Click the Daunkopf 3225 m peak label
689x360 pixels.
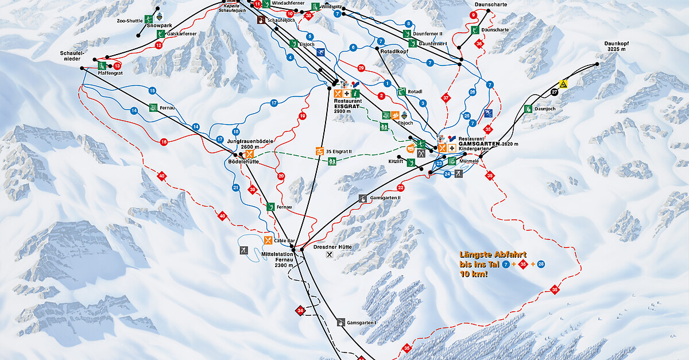pos(617,47)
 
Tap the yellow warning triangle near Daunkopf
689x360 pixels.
pos(564,84)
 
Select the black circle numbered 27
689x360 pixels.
pos(554,92)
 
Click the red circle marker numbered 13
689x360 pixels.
pos(118,66)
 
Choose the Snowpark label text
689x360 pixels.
pos(159,26)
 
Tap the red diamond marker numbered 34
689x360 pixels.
pos(300,310)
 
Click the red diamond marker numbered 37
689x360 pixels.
pos(445,98)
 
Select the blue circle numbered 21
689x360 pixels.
pos(235,187)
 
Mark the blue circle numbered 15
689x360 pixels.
pos(152,91)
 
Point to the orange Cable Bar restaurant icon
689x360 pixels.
pos(268,240)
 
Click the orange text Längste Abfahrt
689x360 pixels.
pos(493,254)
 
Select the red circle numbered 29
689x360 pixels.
pos(361,68)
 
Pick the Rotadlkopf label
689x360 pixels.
pos(393,51)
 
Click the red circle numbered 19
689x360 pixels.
pos(302,117)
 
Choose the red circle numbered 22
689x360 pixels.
pos(401,188)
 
